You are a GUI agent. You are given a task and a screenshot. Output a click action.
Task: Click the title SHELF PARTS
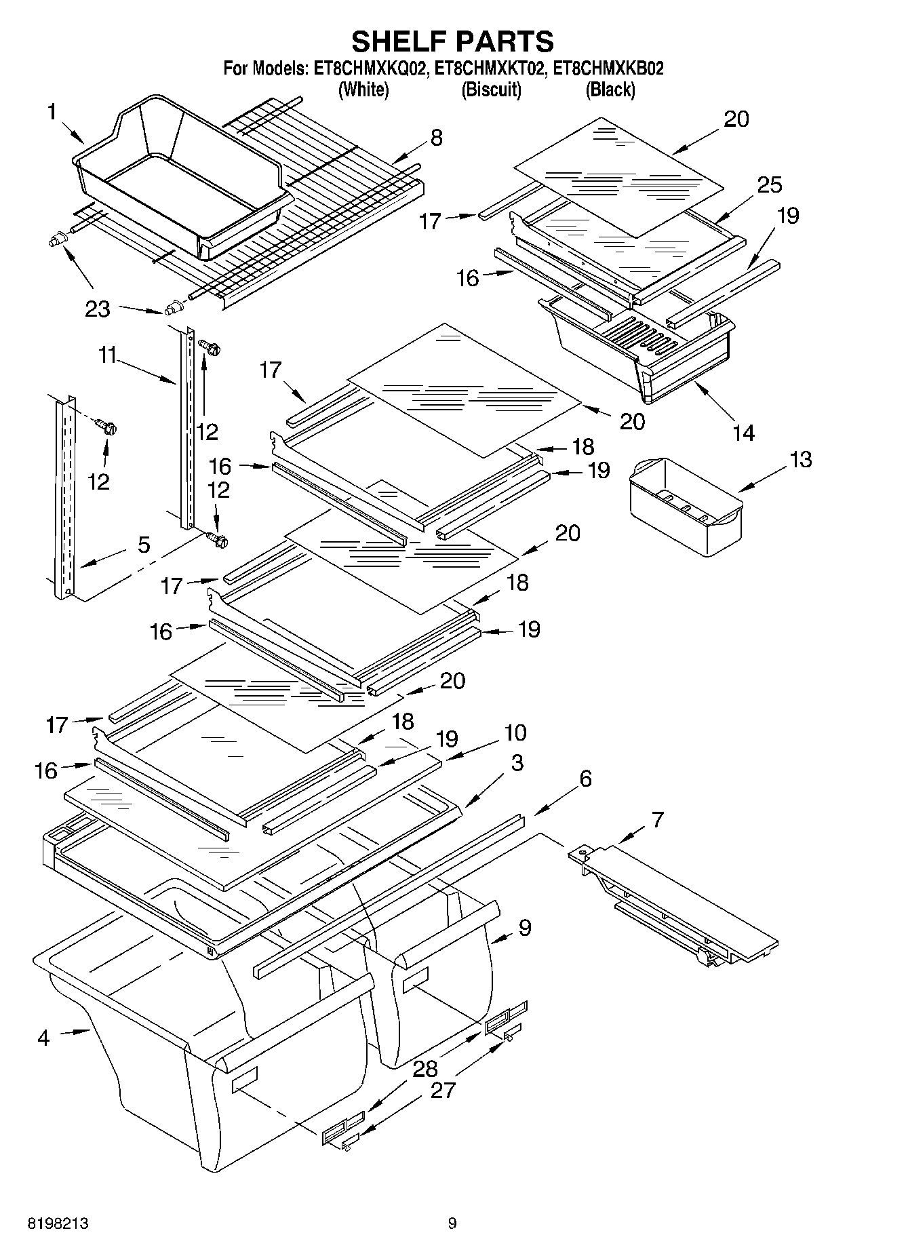[452, 41]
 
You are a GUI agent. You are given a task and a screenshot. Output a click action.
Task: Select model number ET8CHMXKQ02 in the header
[370, 68]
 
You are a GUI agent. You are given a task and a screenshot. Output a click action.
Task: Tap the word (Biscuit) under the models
[491, 90]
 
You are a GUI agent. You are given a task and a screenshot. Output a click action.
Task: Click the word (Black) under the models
[610, 90]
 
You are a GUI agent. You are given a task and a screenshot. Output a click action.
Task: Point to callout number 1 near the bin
[52, 112]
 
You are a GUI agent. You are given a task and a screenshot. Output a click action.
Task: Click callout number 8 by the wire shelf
[436, 138]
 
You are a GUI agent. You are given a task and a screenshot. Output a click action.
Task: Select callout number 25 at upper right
[769, 184]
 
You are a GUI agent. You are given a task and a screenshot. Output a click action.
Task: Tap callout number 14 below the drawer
[743, 432]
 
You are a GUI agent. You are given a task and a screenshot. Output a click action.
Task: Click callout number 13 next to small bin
[800, 459]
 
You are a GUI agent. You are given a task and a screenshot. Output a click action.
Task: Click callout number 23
[97, 309]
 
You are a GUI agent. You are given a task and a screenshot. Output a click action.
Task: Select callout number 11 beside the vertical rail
[106, 355]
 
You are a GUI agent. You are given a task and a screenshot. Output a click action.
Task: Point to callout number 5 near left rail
[143, 545]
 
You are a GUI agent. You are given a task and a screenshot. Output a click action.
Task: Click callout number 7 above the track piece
[656, 819]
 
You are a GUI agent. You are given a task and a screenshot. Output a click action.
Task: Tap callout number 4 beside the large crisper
[43, 1037]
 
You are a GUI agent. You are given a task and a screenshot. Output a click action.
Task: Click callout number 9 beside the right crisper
[524, 928]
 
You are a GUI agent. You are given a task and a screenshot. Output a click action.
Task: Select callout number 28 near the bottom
[425, 1070]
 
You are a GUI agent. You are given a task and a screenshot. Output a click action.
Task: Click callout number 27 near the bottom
[443, 1091]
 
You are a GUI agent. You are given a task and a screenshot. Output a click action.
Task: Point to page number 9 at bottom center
[452, 1223]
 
